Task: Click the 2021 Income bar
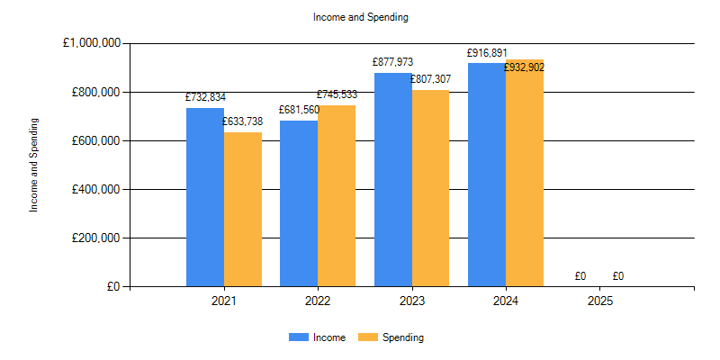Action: tap(205, 198)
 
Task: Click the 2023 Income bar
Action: tap(393, 180)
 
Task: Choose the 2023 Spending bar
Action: tap(430, 189)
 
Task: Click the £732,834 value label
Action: tap(206, 97)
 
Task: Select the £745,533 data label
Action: tap(337, 94)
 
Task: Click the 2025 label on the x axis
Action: tap(599, 301)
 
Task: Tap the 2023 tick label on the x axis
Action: tap(411, 301)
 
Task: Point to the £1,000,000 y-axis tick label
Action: tap(93, 43)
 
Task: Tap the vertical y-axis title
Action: tap(34, 165)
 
